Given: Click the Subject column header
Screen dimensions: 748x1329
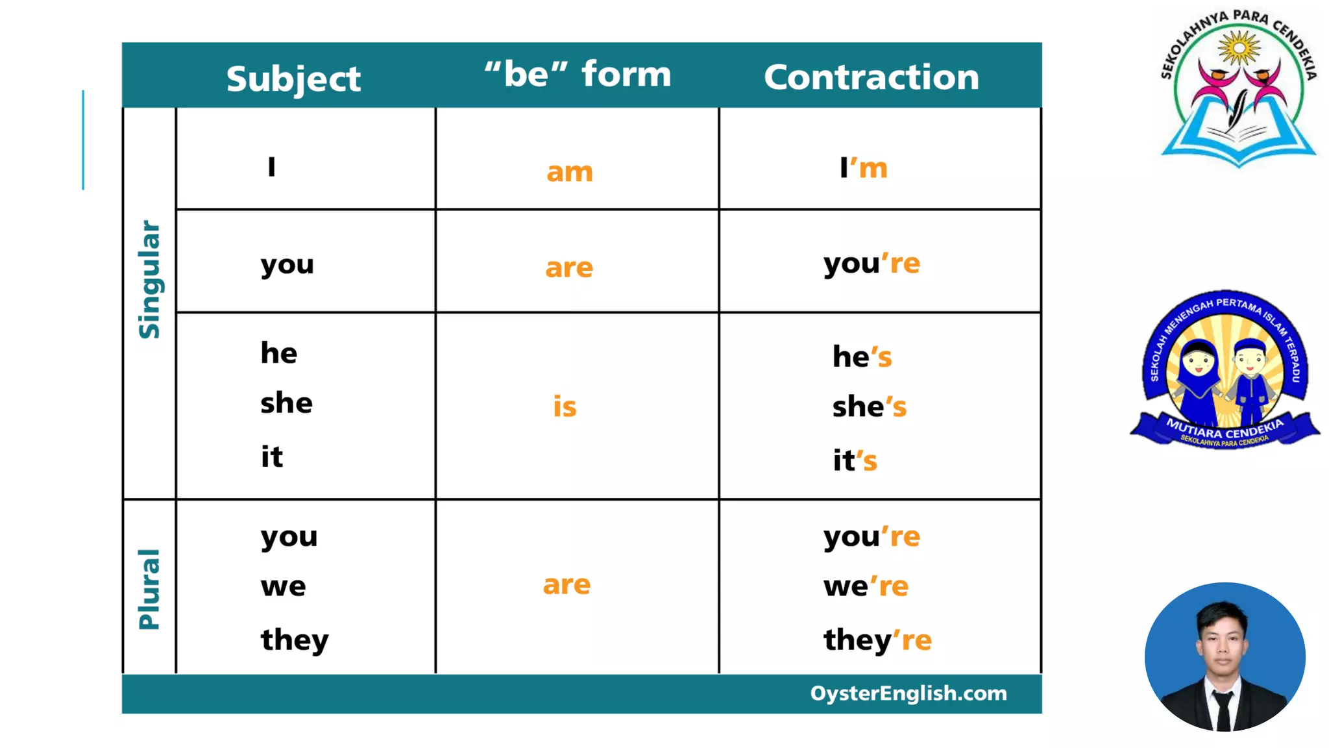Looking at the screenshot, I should coord(293,79).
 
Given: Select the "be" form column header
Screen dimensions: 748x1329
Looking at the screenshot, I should coord(578,74).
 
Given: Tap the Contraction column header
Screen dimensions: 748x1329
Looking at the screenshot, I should coord(872,77).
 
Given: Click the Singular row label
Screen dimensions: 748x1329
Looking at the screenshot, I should coord(149,279).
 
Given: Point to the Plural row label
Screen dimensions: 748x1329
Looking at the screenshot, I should coord(149,589).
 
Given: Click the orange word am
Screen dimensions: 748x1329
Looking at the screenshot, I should coord(569,172).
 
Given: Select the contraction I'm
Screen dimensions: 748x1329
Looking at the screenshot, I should coord(863,168).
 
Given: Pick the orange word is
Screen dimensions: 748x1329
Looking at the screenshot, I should coord(565,406).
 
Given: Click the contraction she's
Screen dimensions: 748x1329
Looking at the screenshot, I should coord(869,407).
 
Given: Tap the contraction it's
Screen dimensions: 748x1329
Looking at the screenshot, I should coord(855,460).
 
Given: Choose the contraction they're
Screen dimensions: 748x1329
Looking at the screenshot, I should coord(877,640).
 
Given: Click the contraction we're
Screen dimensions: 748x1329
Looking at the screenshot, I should coord(866,586).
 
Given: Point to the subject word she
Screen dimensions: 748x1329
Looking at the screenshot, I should coord(286,403).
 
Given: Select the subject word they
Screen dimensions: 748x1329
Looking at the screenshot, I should coord(295,640).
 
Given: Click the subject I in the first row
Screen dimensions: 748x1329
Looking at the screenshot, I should coord(272,167).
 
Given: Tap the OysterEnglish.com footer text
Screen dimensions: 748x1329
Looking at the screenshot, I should coord(908,693).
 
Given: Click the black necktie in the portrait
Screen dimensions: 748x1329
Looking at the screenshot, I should coord(1224,711).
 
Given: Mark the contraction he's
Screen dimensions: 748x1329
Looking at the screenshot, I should coord(862,356).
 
